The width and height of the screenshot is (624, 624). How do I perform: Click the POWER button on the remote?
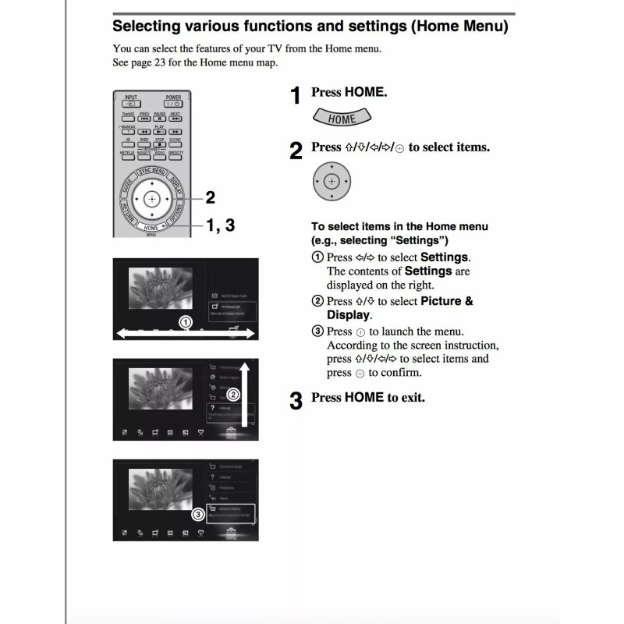click(172, 104)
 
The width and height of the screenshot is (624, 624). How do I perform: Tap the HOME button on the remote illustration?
click(151, 228)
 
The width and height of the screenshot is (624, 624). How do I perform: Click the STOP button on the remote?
click(159, 144)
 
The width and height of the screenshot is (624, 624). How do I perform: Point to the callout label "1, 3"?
click(219, 225)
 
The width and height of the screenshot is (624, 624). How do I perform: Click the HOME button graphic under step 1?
click(342, 119)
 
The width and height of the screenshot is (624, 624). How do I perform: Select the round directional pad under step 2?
click(332, 182)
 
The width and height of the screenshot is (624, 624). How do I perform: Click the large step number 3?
click(296, 401)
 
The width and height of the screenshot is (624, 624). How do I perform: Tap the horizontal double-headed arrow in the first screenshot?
click(186, 334)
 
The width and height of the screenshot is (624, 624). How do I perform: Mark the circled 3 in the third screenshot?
click(199, 514)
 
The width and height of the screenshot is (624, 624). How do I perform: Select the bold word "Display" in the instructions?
click(348, 315)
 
